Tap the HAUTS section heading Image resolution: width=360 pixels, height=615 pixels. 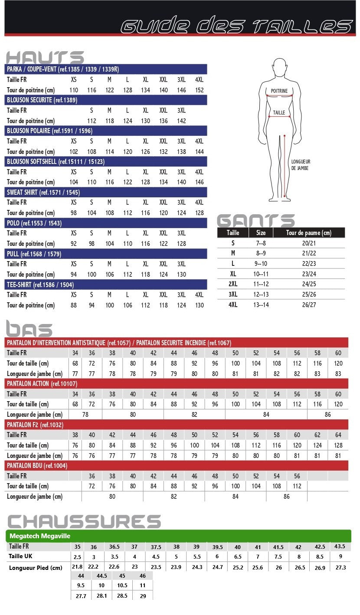[45, 58]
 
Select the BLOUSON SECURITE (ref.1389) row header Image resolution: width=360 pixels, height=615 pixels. [42, 100]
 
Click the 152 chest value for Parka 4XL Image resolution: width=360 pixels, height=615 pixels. [199, 90]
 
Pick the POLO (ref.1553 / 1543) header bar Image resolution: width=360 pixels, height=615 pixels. [34, 223]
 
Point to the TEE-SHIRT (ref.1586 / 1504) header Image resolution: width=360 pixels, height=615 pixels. [40, 285]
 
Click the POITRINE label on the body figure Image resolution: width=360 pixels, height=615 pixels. [279, 91]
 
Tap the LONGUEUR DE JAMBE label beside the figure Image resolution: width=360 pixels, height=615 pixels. [301, 165]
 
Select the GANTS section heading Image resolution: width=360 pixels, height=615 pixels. [256, 221]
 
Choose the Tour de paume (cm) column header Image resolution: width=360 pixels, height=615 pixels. [309, 233]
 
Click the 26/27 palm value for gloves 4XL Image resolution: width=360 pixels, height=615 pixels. [309, 305]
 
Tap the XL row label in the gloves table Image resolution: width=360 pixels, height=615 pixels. [233, 274]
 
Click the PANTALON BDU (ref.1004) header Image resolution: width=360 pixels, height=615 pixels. [37, 466]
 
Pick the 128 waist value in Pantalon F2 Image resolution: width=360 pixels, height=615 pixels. [338, 445]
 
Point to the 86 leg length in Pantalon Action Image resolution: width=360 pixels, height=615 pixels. [327, 415]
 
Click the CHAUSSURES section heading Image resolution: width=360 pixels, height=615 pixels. [84, 522]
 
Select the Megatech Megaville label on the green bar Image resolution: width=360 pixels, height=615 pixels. [40, 536]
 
